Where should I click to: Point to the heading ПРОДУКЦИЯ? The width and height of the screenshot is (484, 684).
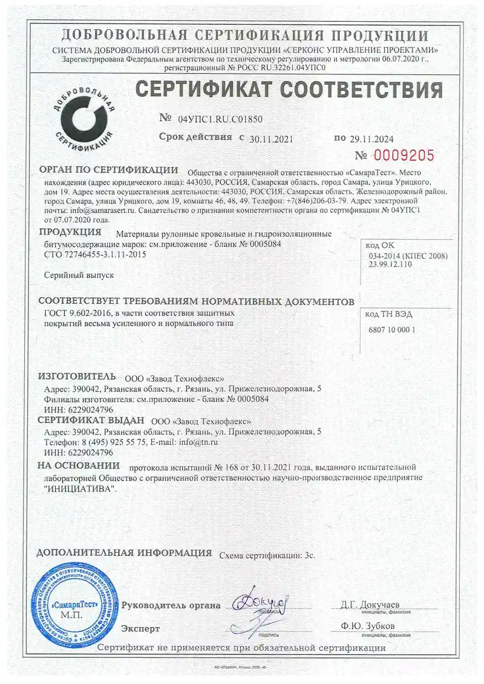70,232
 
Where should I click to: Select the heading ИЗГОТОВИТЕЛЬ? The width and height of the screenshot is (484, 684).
76,377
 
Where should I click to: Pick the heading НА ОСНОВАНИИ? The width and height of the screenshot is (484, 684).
79,465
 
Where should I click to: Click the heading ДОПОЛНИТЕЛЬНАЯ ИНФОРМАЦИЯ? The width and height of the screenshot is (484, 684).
124,553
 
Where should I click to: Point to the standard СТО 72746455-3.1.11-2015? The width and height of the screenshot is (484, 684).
96,255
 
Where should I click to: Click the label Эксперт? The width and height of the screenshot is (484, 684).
140,628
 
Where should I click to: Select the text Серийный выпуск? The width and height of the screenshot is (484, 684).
79,275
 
